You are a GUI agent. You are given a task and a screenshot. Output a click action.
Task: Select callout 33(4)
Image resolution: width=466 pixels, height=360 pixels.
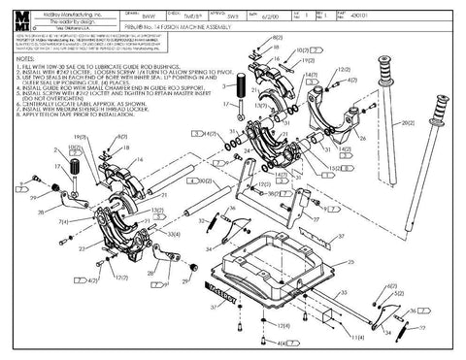172,234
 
